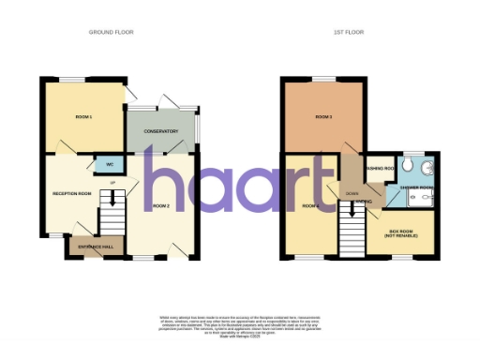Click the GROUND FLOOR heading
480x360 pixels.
pyautogui.click(x=112, y=32)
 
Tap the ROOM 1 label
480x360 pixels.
pyautogui.click(x=83, y=116)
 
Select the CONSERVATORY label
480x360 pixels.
pyautogui.click(x=160, y=131)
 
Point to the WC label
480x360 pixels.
pyautogui.click(x=110, y=165)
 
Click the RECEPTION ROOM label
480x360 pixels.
pyautogui.click(x=71, y=193)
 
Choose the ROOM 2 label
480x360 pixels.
pyautogui.click(x=161, y=204)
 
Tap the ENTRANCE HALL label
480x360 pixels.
pyautogui.click(x=96, y=246)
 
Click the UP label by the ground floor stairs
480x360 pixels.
pyautogui.click(x=112, y=182)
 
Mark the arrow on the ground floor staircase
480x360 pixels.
pyautogui.click(x=113, y=199)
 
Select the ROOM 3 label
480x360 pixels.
pyautogui.click(x=324, y=116)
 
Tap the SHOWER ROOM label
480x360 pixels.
pyautogui.click(x=416, y=187)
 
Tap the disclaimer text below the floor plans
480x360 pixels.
pyautogui.click(x=239, y=320)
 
